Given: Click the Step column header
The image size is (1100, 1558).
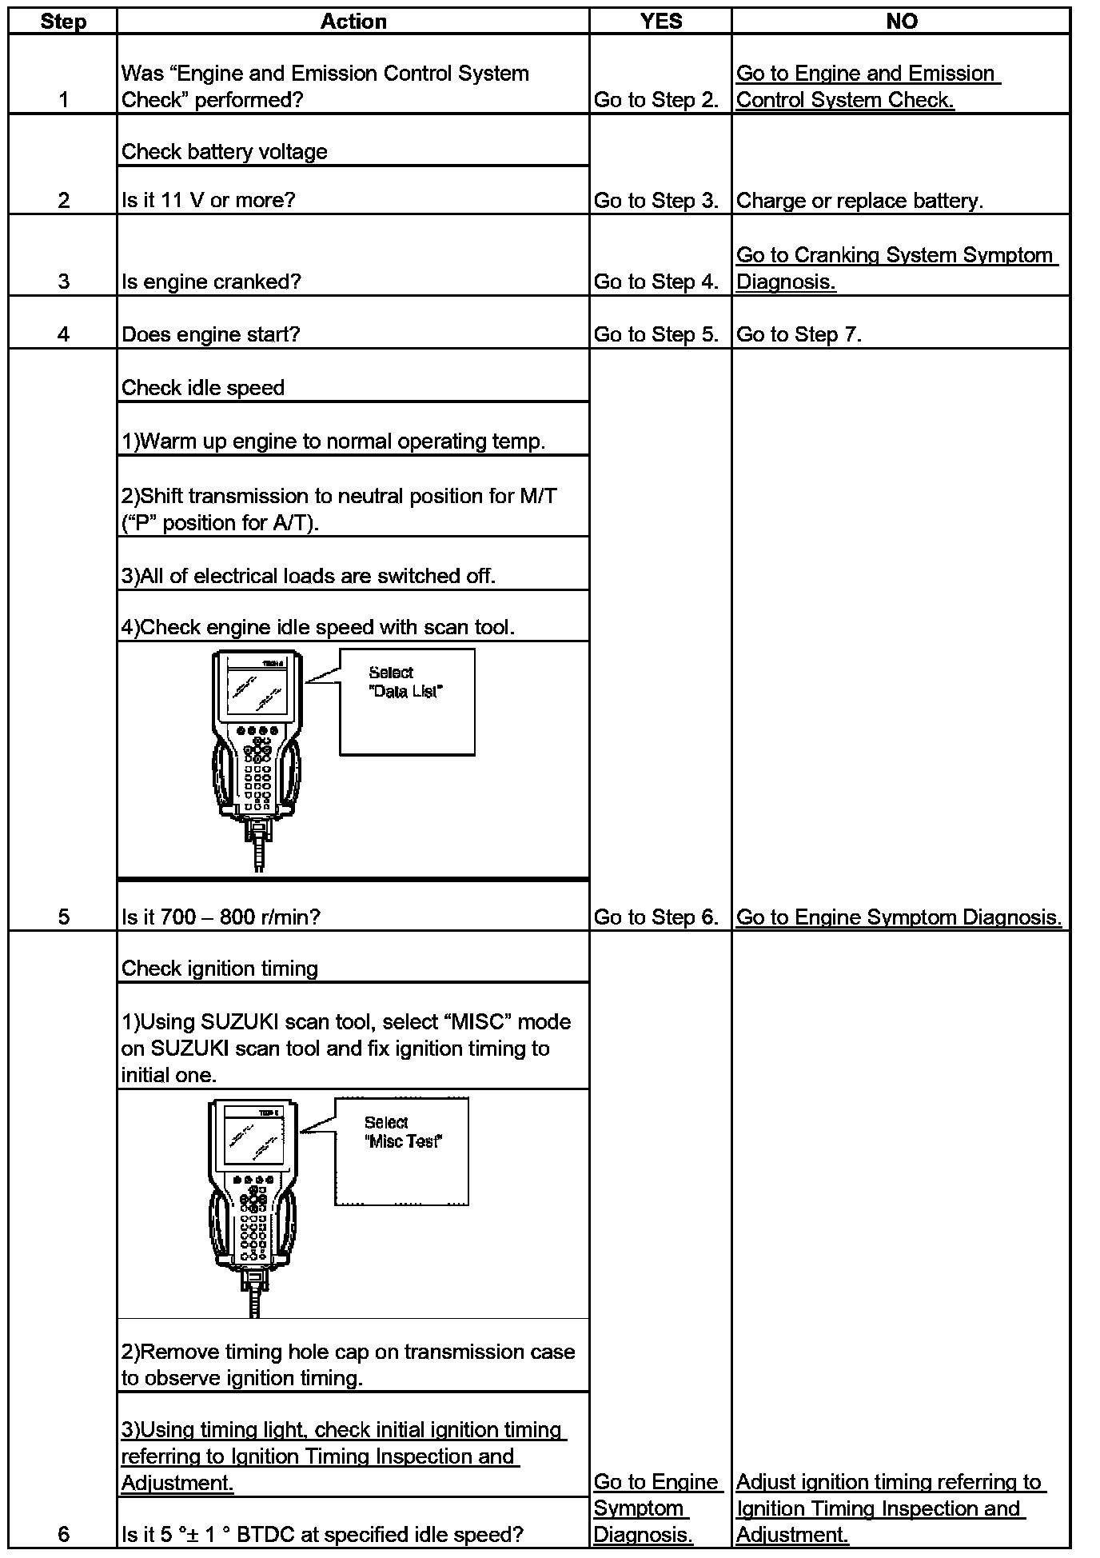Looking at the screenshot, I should [x=63, y=22].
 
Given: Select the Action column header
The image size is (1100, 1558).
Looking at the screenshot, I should [x=353, y=22].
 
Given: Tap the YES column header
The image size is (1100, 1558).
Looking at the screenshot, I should [x=661, y=22].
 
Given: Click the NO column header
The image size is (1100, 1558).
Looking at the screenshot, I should [x=901, y=22].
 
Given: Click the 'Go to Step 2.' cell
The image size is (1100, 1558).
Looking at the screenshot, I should [x=656, y=100].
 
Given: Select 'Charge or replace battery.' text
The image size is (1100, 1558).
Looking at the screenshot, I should [x=859, y=201].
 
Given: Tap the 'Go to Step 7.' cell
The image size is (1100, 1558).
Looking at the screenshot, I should [x=799, y=334].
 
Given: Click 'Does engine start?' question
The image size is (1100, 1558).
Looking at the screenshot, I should [x=211, y=334].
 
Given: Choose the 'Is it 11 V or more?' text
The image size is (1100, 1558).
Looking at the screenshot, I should [x=209, y=201].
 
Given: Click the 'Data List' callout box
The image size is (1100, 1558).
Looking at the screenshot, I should [x=407, y=701].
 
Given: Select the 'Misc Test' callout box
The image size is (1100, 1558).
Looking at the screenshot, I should [x=402, y=1151].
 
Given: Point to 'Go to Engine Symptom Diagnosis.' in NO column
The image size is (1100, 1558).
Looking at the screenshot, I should [x=899, y=917].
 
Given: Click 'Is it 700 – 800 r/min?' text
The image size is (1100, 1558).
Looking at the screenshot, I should [x=221, y=917].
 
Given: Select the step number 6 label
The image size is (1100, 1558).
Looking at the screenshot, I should [x=63, y=1534].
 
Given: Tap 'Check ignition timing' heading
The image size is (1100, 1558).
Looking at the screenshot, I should [x=220, y=969].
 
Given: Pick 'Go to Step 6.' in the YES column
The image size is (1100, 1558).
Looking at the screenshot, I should [x=656, y=917].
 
